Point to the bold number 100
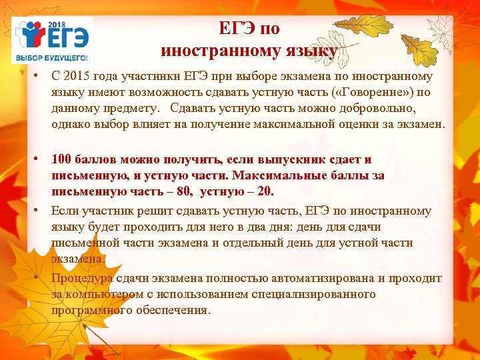coord(62,160)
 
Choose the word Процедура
coord(79,278)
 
